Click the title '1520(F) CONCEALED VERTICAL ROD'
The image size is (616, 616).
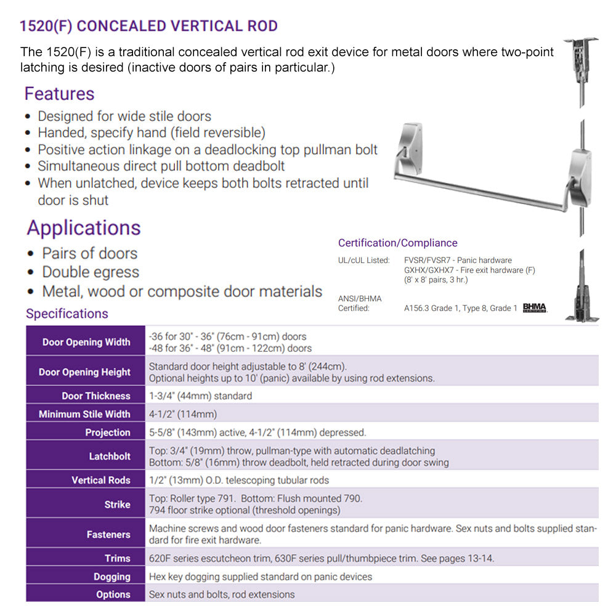[x=148, y=26]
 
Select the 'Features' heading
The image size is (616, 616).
[x=59, y=94]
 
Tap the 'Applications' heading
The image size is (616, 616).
[x=84, y=228]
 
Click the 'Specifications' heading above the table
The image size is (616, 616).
[x=67, y=314]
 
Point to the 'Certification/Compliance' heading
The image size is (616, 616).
[x=397, y=243]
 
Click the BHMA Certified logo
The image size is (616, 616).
[x=534, y=308]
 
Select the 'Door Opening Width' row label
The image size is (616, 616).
[x=86, y=342]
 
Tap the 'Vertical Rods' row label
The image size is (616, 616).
[x=101, y=480]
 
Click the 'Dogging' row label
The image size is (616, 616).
[x=112, y=577]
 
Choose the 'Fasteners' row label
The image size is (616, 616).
[x=108, y=535]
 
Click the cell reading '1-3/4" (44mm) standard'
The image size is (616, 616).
[x=200, y=396]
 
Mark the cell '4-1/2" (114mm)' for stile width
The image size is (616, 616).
[x=183, y=414]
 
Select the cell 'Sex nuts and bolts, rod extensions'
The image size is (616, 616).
[x=222, y=594]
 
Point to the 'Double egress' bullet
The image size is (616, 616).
[x=91, y=272]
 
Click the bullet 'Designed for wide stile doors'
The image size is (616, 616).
[x=124, y=116]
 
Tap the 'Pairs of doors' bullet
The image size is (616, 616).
[x=89, y=253]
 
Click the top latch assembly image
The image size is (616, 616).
[x=580, y=68]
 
